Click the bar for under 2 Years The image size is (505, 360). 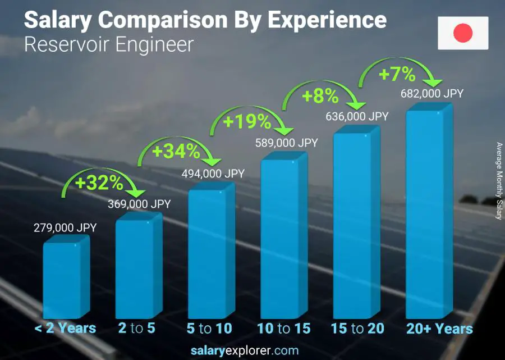tap(63, 280)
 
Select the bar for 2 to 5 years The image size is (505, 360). tap(135, 268)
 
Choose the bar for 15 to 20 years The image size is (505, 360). tap(352, 225)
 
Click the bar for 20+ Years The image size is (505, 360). tap(425, 213)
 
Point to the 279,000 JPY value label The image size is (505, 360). tap(65, 227)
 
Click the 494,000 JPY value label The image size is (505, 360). tap(213, 174)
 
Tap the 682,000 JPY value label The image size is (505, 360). tap(432, 94)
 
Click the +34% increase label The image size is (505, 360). tap(176, 151)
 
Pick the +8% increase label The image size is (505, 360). tap(320, 96)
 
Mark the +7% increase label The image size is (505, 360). tap(397, 74)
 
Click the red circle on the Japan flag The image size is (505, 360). tap(463, 33)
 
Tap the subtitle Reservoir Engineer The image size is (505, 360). tap(109, 44)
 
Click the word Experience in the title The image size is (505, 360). tap(327, 20)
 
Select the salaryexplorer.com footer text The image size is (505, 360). tap(252, 350)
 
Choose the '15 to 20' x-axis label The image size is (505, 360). tap(357, 329)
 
